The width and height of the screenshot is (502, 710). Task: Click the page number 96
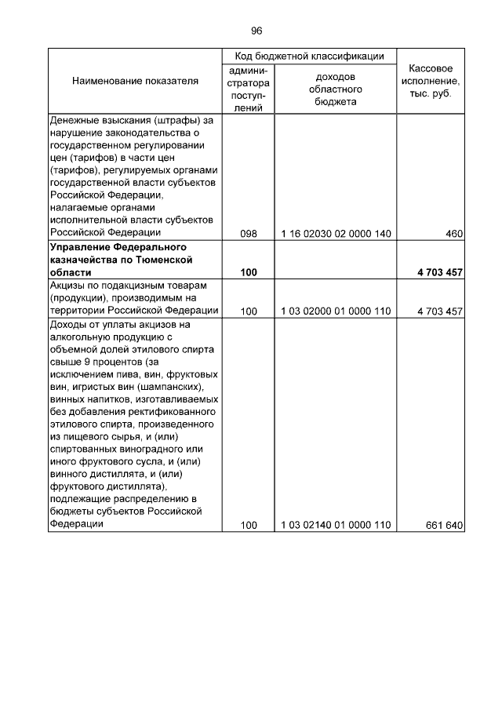coord(256,31)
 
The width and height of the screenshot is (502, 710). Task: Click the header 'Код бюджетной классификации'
coord(310,56)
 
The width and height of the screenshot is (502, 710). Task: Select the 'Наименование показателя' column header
coord(135,81)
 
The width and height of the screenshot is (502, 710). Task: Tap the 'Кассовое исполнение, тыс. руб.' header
coord(431,81)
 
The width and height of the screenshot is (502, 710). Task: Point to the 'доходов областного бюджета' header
coord(335,89)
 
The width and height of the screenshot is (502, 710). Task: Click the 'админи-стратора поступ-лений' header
coord(249,89)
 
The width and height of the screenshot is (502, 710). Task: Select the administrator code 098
coord(249,234)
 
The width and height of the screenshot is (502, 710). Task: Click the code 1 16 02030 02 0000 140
coord(335,234)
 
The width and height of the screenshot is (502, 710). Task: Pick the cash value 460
coord(453,234)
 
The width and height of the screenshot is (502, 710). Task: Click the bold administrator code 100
coord(249,272)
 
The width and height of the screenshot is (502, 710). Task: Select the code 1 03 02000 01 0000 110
coord(335,311)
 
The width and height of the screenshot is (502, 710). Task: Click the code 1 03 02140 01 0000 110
coord(335,526)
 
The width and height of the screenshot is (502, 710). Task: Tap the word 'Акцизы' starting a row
coord(68,286)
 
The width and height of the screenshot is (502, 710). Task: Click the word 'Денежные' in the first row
coord(75,120)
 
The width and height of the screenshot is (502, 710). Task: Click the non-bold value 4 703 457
coord(439,311)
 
